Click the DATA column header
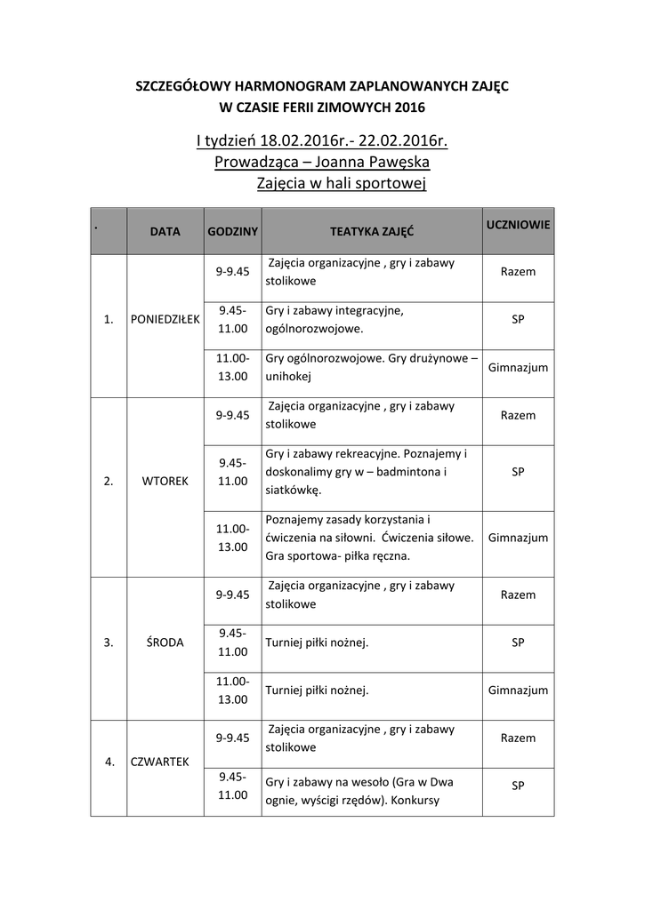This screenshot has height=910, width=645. click(165, 231)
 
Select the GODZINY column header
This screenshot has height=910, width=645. click(232, 231)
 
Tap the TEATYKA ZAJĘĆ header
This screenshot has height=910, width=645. click(371, 231)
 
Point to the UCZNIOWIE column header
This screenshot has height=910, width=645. click(518, 225)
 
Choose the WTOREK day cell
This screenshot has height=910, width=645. click(165, 482)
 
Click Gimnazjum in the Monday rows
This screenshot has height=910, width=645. click(518, 367)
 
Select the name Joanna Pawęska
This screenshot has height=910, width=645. click(367, 163)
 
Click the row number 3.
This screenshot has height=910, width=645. click(109, 643)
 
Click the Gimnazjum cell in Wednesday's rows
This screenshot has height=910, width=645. click(518, 690)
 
